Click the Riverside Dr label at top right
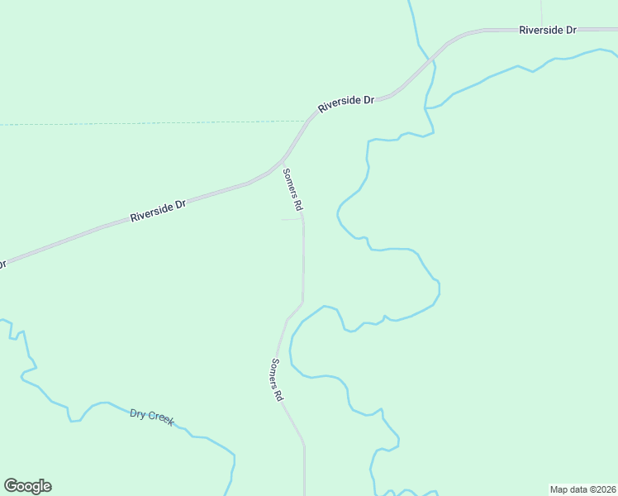(547, 30)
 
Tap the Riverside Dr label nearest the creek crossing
(346, 104)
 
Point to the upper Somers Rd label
(293, 188)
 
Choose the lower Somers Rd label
(277, 379)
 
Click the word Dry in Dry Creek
(137, 413)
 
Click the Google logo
(27, 486)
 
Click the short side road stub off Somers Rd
(290, 220)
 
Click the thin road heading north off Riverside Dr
(541, 12)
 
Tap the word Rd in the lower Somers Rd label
(279, 393)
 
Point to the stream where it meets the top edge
(410, 2)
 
